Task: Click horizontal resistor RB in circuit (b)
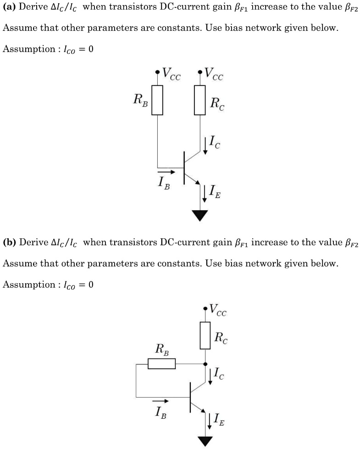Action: (161, 364)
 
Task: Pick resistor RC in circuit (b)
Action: (205, 335)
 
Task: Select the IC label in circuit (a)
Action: (214, 143)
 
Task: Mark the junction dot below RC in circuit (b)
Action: (205, 364)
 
